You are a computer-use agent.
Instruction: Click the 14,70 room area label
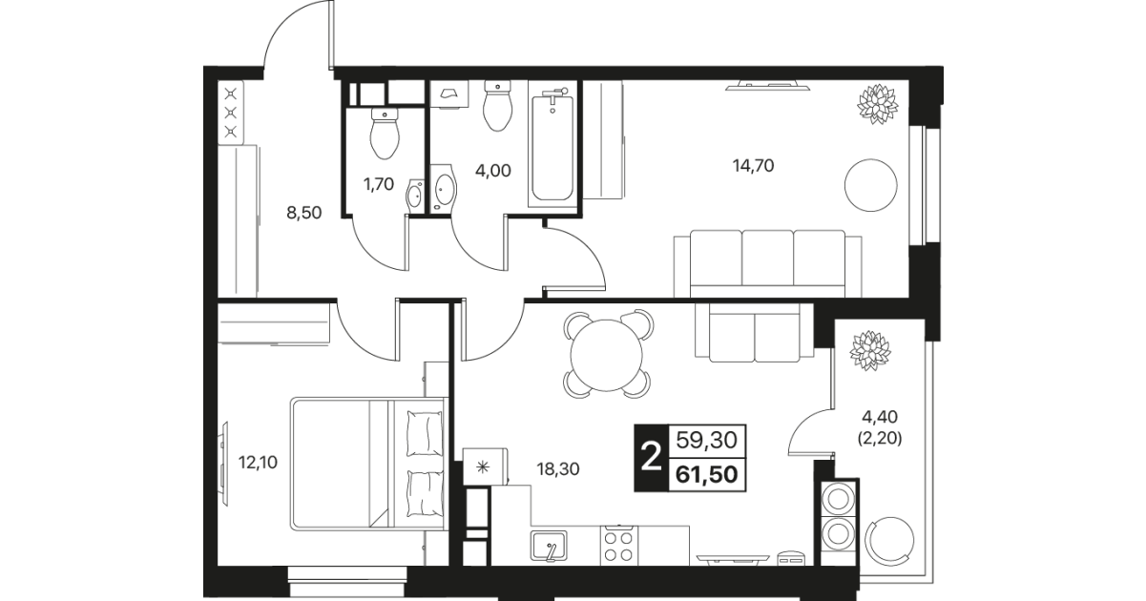point(753,166)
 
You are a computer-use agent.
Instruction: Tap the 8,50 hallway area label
point(303,213)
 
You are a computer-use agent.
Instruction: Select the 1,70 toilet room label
point(379,184)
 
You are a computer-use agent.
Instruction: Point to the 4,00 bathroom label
point(492,171)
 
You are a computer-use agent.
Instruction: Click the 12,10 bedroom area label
point(258,463)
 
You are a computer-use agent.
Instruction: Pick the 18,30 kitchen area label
point(557,468)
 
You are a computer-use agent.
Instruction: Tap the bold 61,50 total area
point(706,475)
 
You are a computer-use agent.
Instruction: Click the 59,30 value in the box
point(706,440)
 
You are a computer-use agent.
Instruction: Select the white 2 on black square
point(652,457)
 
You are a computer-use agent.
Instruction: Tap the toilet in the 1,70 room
point(385,134)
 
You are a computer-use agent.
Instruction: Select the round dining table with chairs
point(607,353)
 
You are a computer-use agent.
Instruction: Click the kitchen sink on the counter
point(549,547)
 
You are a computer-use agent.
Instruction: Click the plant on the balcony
point(869,350)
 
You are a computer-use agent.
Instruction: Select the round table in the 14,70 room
point(871,185)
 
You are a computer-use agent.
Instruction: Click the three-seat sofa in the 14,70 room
point(767,264)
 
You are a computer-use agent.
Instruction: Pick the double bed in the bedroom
point(366,464)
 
